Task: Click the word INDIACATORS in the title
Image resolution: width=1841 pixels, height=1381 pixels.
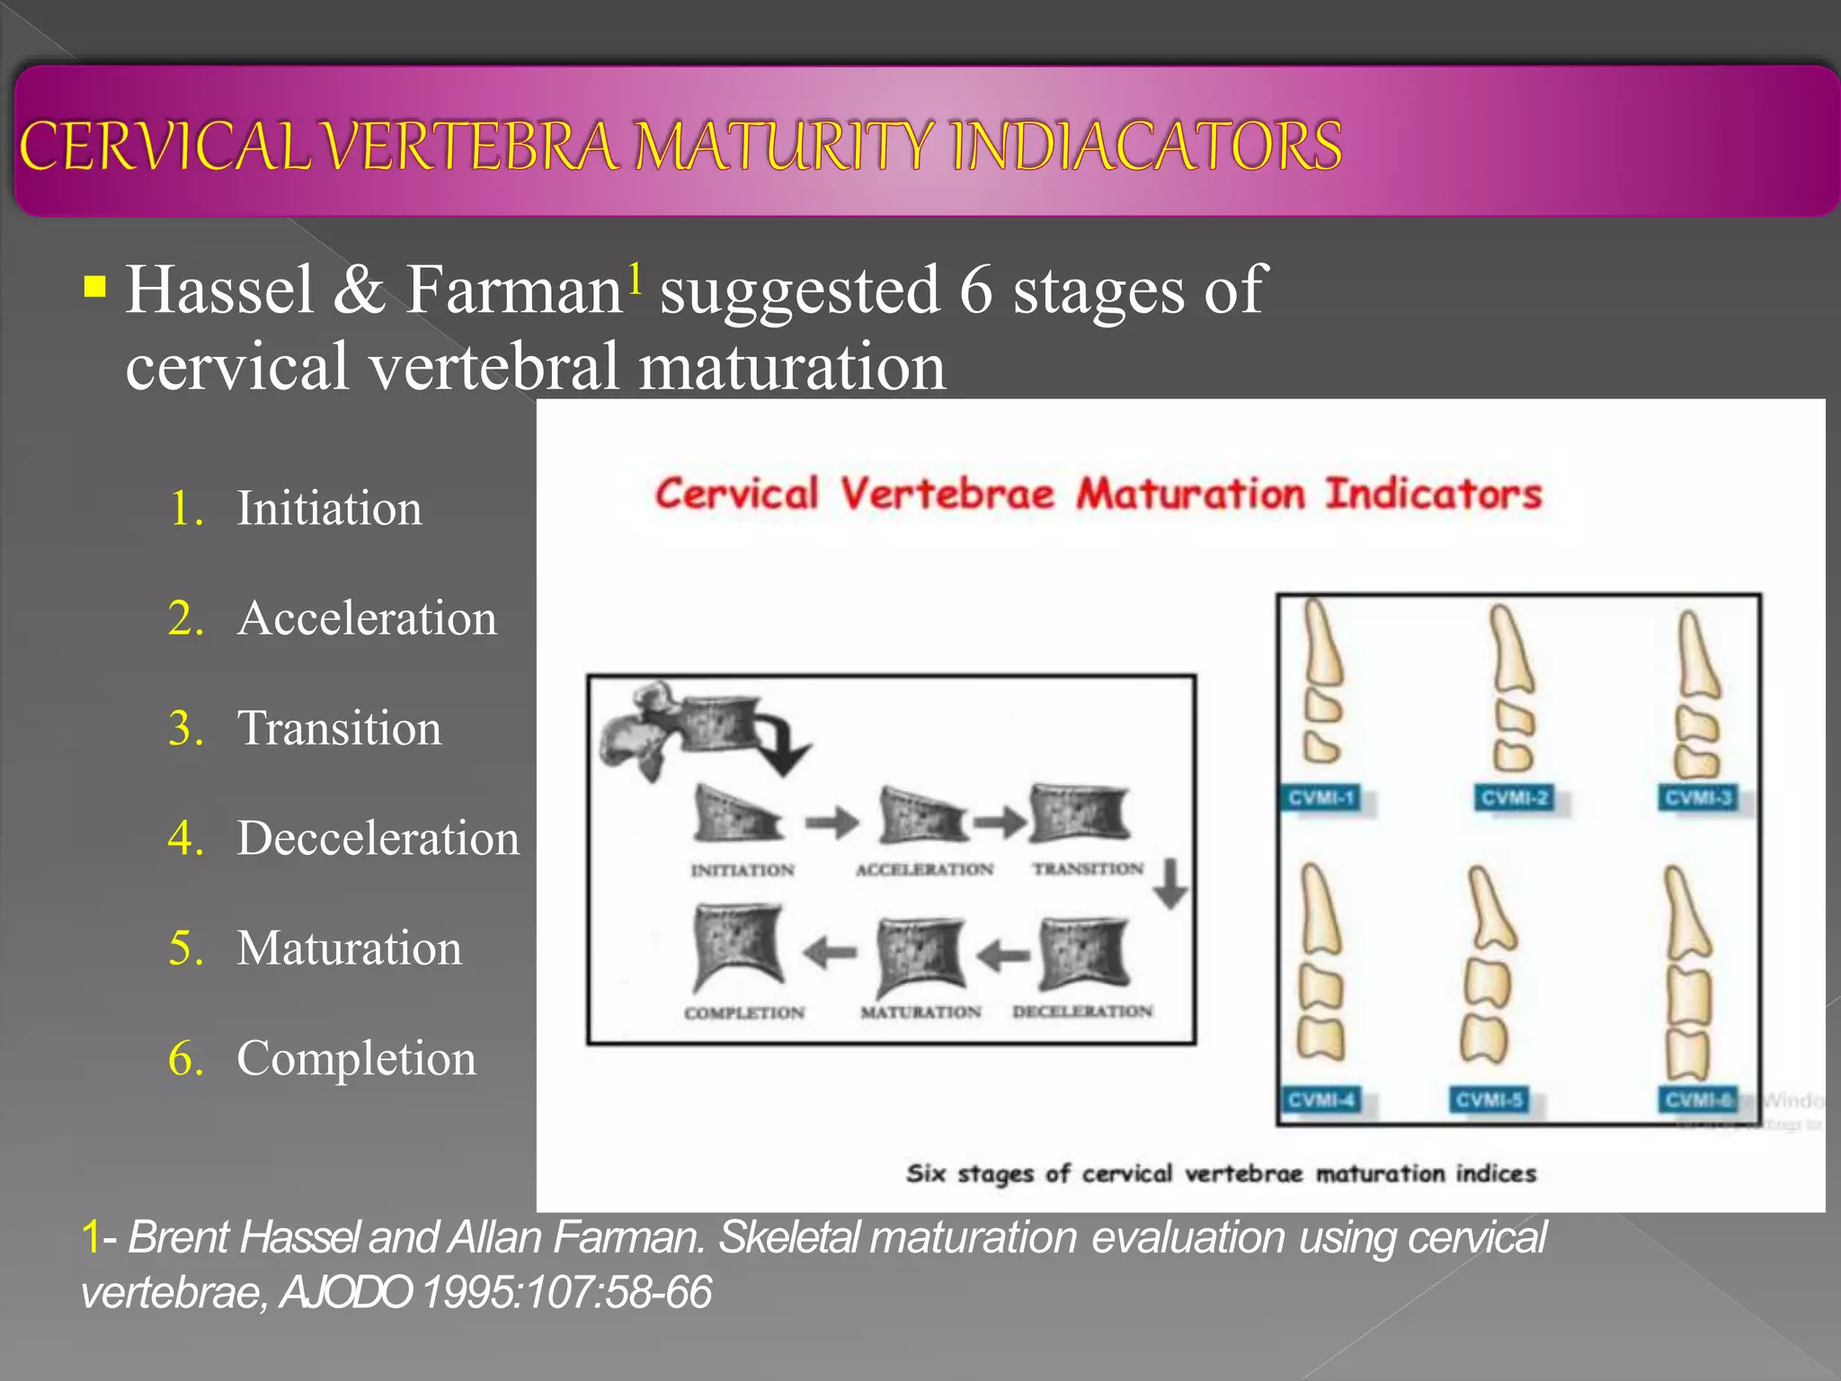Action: point(1146,146)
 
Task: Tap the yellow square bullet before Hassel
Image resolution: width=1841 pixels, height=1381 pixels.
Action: point(94,288)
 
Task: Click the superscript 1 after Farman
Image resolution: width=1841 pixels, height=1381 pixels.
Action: point(635,278)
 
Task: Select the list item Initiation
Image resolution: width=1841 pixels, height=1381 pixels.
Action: point(329,508)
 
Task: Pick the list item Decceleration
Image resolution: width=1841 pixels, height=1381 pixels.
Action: point(378,838)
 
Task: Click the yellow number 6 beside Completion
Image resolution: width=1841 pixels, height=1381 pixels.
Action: point(185,1058)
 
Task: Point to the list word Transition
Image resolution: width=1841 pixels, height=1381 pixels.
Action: point(339,727)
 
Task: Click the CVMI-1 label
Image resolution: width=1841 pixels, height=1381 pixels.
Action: point(1321,798)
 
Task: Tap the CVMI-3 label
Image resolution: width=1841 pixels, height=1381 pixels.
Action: point(1698,798)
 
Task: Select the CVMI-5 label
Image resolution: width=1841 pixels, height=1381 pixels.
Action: point(1489,1100)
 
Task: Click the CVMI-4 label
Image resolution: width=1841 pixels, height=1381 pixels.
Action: point(1321,1100)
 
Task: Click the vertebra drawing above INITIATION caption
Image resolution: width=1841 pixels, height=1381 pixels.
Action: point(735,814)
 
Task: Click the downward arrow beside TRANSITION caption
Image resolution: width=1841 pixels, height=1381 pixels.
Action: point(1170,883)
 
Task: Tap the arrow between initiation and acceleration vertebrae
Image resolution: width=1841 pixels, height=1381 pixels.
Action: point(832,822)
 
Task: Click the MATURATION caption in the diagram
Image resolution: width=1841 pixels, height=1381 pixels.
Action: point(920,1012)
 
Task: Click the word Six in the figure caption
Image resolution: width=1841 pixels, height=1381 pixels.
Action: point(926,1173)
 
